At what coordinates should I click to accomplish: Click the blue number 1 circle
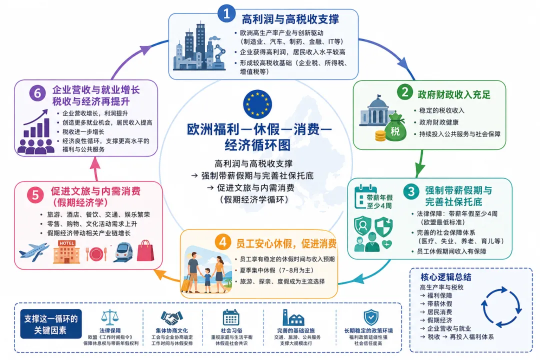(x=226, y=14)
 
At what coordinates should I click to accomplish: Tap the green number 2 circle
(x=405, y=92)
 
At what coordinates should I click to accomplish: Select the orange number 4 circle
(x=223, y=242)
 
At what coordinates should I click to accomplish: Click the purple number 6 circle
(x=37, y=93)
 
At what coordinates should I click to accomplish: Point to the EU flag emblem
(x=257, y=103)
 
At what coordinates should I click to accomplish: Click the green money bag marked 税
(x=395, y=127)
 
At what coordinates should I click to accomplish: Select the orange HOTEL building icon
(x=66, y=252)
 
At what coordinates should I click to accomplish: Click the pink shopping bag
(x=145, y=250)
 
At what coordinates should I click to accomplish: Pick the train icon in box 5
(x=123, y=252)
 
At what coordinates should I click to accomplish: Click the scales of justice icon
(x=110, y=317)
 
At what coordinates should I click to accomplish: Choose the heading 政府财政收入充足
(x=454, y=94)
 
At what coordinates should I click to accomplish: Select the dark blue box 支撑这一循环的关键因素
(x=51, y=324)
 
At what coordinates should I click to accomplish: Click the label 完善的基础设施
(x=296, y=330)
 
